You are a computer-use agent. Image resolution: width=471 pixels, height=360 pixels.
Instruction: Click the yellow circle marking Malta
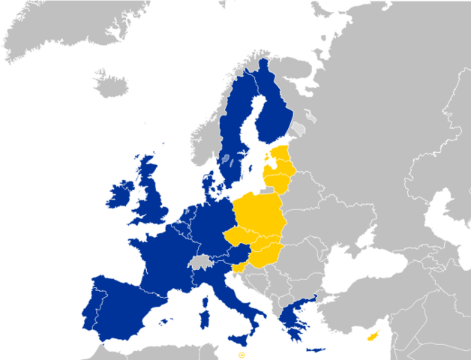[x=241, y=355]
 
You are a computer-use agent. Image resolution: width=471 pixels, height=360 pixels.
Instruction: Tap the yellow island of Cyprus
[x=372, y=336]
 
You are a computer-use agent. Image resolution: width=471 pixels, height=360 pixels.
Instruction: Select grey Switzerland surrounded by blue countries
[x=199, y=261]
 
